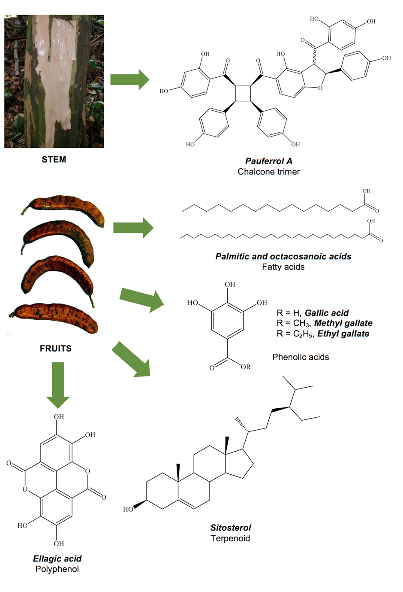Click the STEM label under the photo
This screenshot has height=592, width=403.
pos(54,160)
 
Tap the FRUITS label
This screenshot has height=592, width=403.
pos(55,349)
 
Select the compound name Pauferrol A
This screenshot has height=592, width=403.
pos(268,161)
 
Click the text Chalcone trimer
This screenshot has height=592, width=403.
pos(268,172)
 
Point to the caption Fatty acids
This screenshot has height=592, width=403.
pos(283,267)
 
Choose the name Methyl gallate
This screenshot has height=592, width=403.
pos(343,323)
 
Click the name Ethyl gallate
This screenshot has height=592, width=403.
pos(343,334)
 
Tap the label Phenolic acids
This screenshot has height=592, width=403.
pos(301,357)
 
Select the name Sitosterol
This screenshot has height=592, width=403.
pos(231,528)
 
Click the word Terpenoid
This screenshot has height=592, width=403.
pos(230,538)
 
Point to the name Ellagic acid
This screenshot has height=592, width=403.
pos(57,559)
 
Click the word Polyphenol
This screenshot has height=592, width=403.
pos(57,569)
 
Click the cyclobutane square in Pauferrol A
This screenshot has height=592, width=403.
pos(243,94)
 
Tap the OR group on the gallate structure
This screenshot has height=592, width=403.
pos(245,367)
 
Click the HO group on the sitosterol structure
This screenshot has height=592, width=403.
pos(128,509)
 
